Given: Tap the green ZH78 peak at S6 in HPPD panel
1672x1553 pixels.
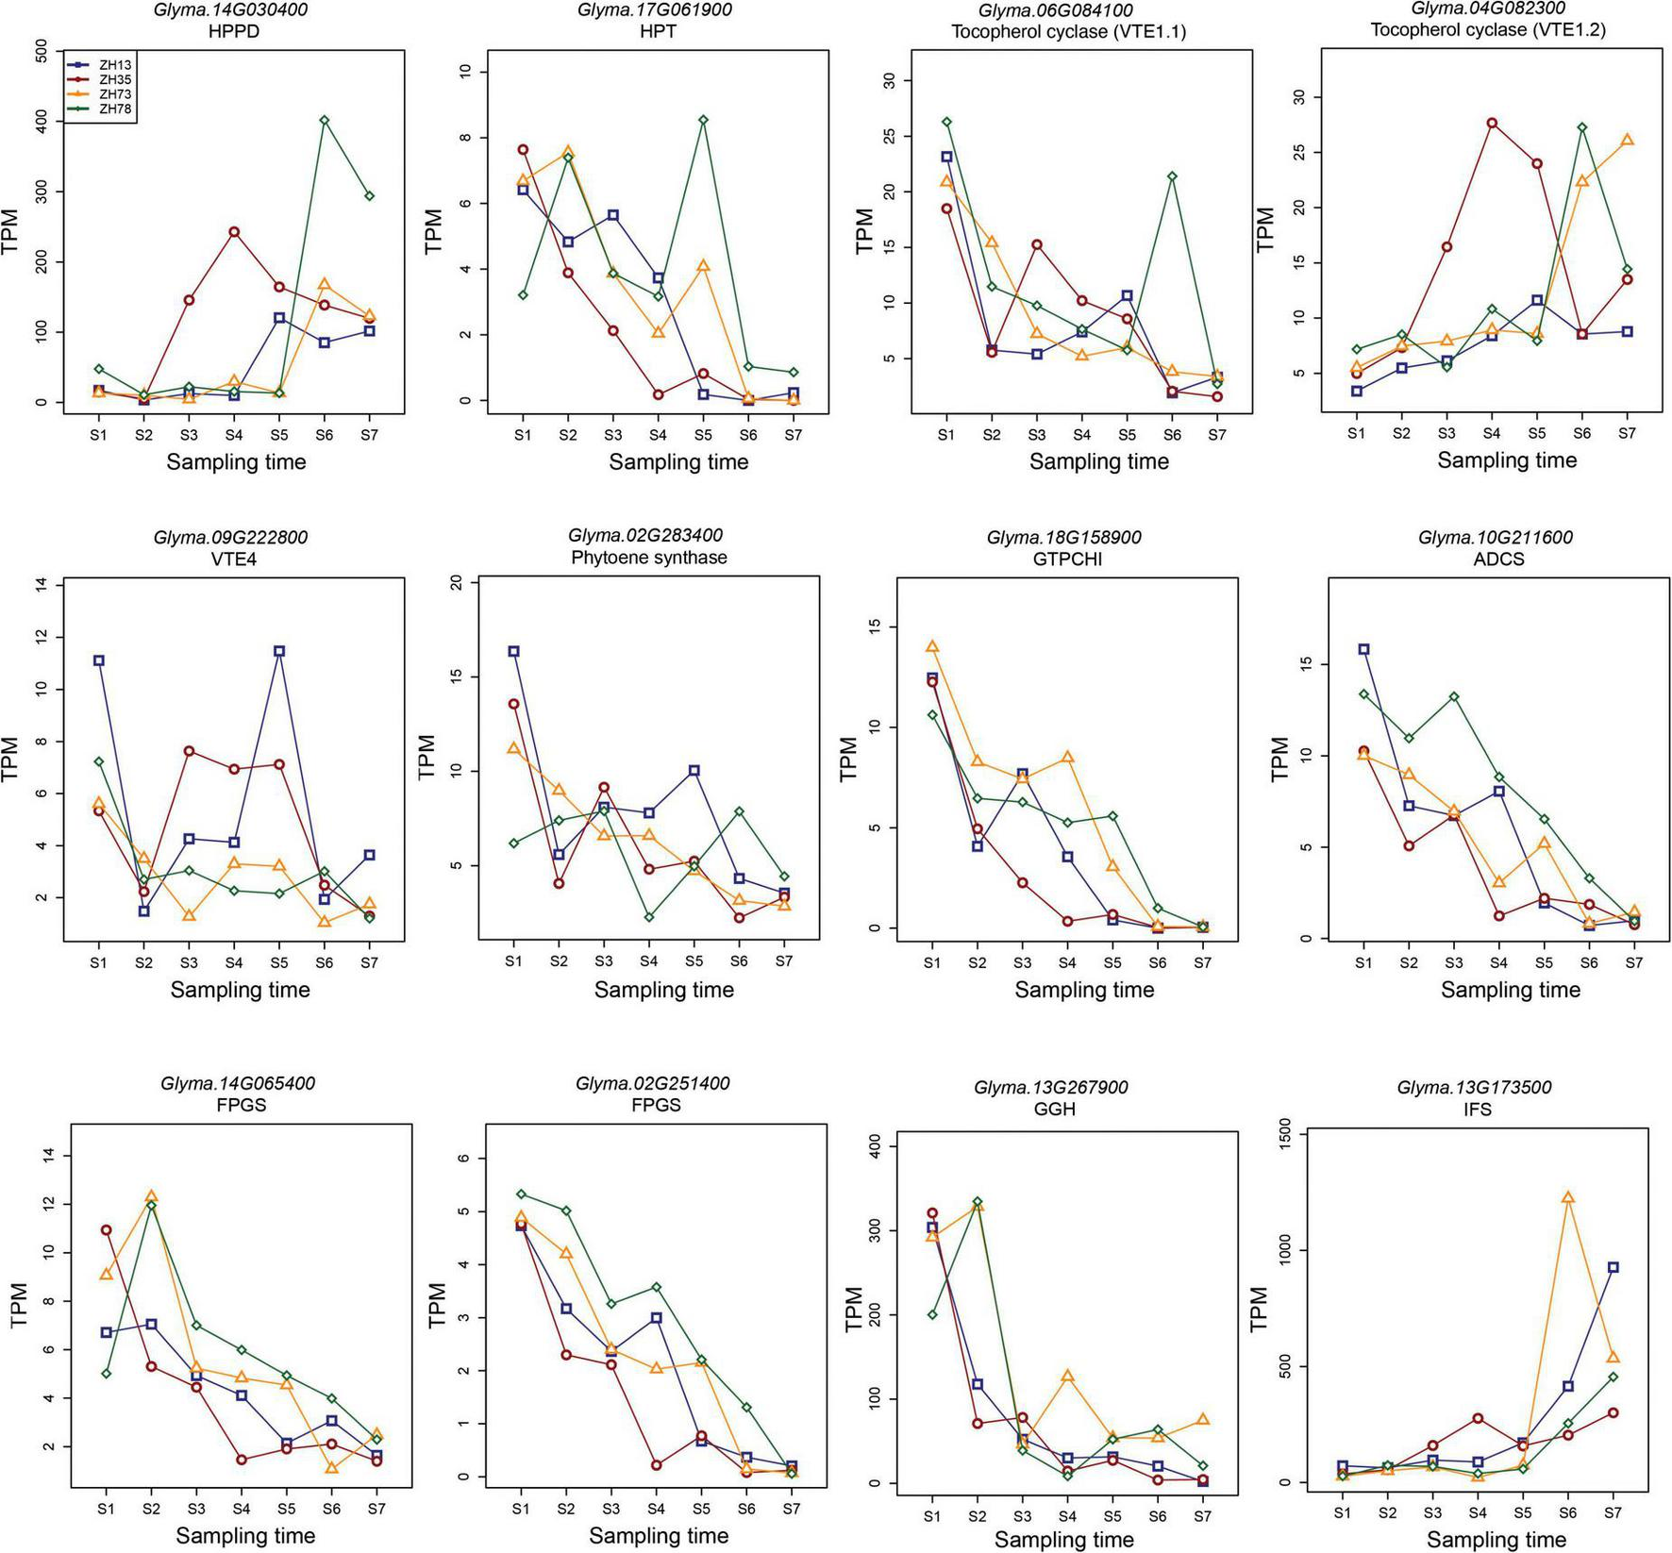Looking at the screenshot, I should pos(325,120).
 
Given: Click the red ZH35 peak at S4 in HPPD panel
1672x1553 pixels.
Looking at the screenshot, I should pos(234,231).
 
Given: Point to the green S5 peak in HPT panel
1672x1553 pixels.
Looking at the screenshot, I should pos(703,120).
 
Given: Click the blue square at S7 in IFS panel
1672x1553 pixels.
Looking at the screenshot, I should pos(1613,1267).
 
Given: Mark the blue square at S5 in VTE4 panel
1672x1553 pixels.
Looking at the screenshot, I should pos(279,651).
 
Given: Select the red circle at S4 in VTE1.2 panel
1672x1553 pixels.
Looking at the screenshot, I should pos(1492,123).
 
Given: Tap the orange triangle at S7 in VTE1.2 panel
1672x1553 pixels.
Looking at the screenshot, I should pos(1627,140).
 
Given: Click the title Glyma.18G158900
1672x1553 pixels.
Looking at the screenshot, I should pos(1063,537).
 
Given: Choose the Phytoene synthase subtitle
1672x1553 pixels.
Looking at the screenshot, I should pos(649,558).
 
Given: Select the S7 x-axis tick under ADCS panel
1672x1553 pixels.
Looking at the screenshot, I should pos(1634,963).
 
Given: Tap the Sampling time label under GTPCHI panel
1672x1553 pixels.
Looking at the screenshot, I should pos(1084,990).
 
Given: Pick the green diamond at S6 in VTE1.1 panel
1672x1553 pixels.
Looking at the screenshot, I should pos(1172,176).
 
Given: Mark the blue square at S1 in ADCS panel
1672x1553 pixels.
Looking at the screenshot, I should pos(1363,649).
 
